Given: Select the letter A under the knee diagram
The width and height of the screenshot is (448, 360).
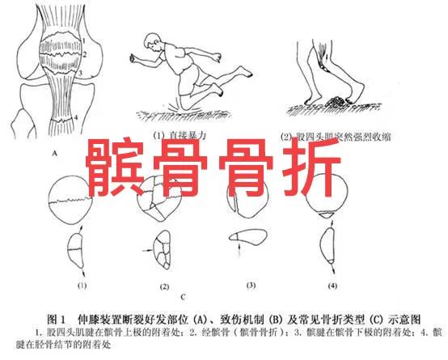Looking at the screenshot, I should coord(53,151).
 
